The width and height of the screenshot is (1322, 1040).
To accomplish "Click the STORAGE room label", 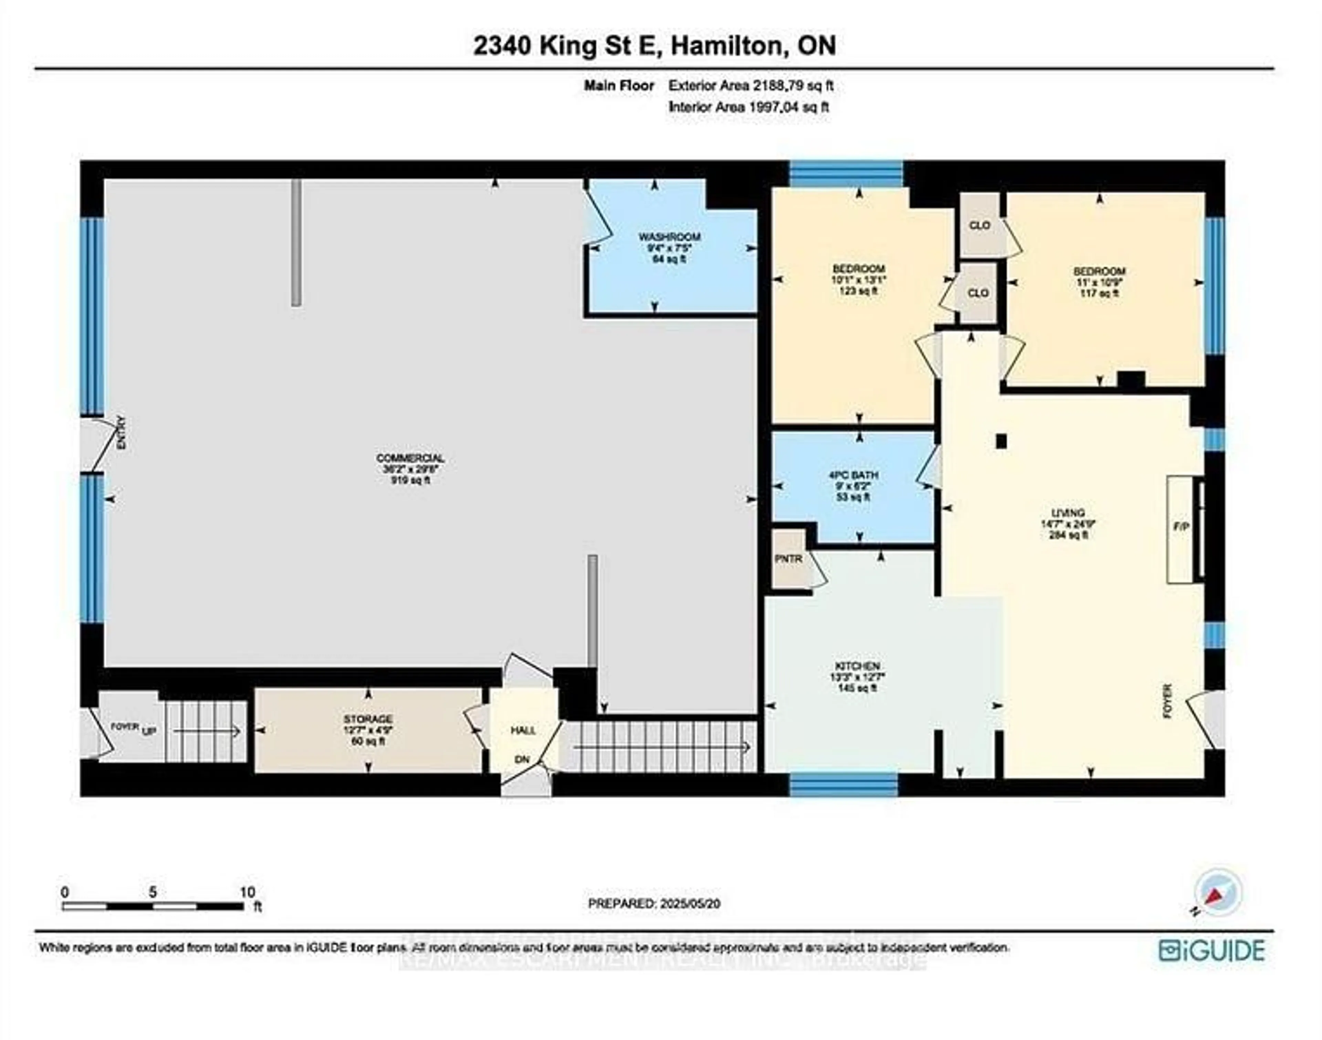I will [x=368, y=719].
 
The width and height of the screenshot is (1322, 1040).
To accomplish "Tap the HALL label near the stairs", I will [x=523, y=730].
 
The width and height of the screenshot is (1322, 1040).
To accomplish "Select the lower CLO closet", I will [x=977, y=293].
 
